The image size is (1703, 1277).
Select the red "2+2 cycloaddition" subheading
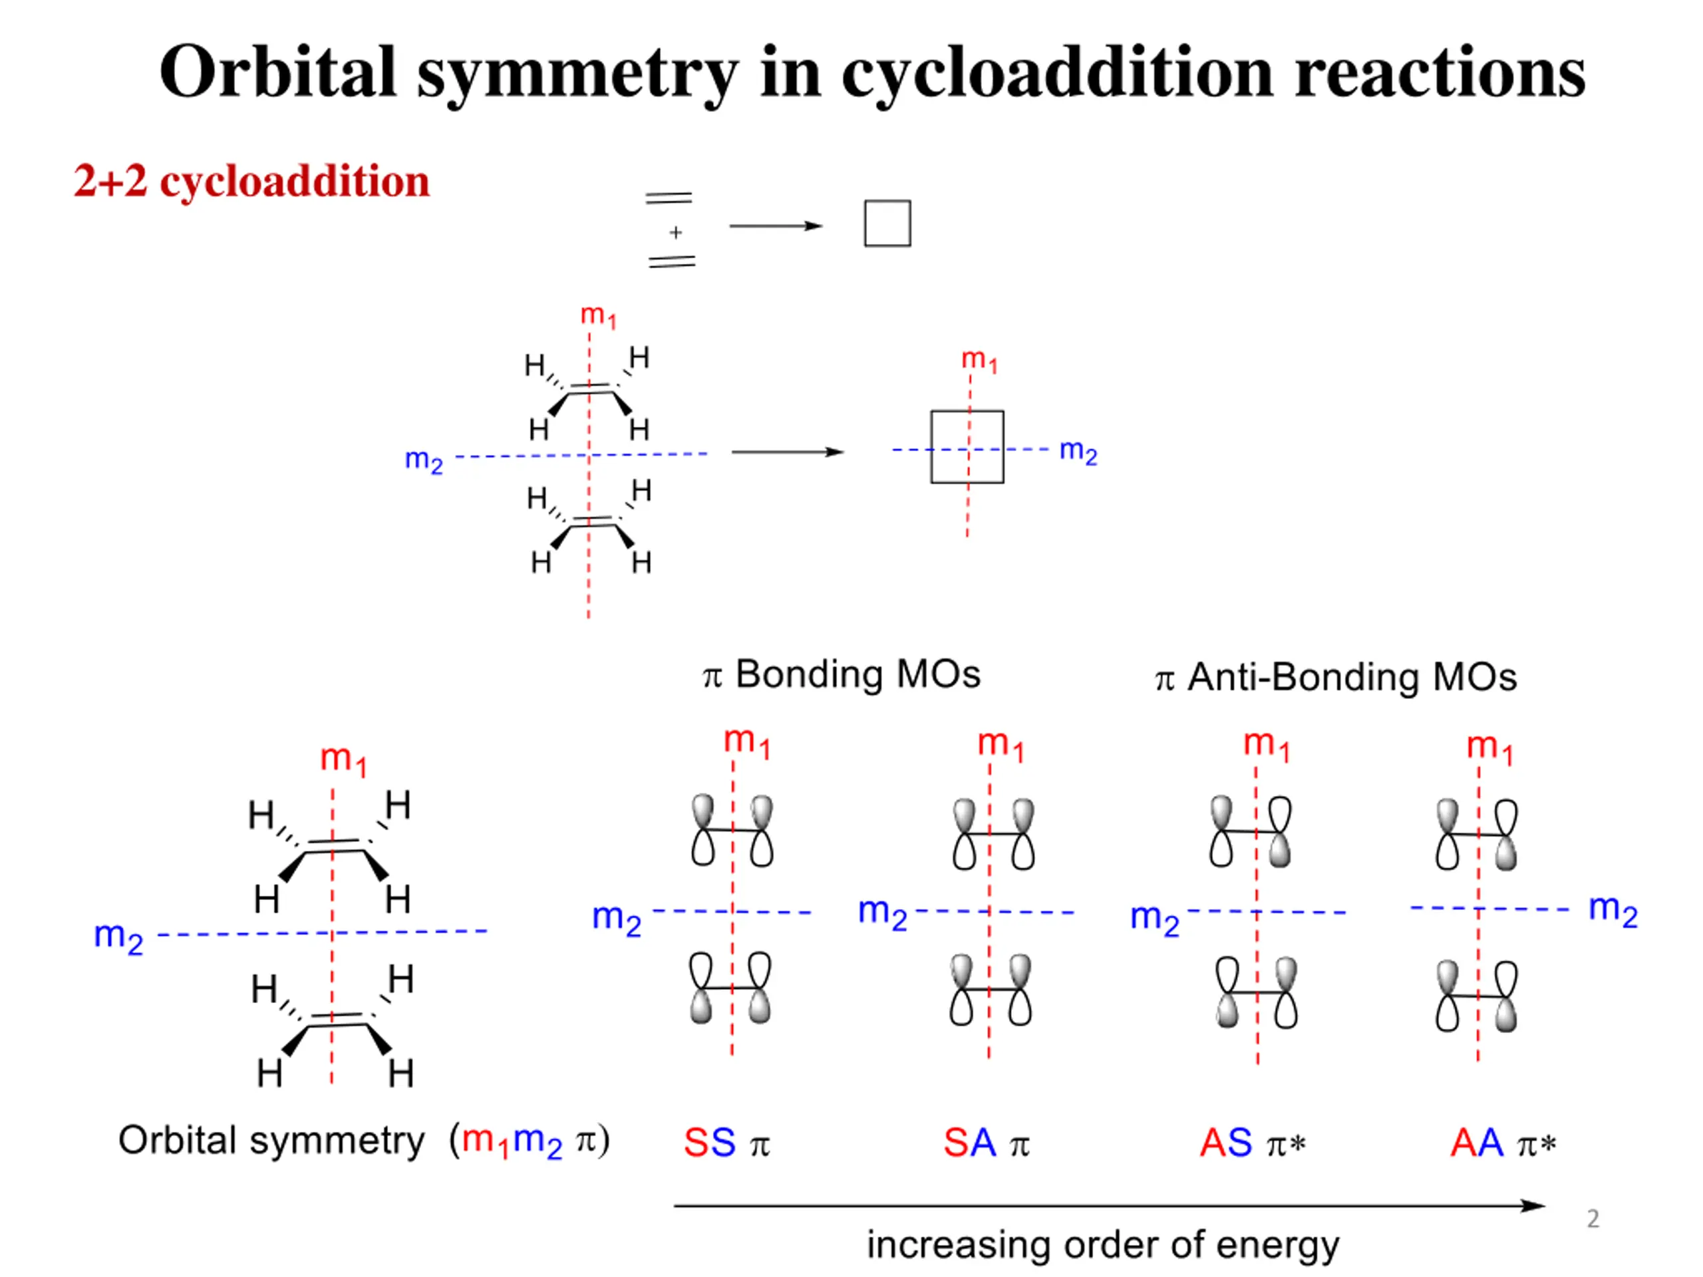[x=251, y=182]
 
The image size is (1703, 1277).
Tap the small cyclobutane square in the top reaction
[x=887, y=223]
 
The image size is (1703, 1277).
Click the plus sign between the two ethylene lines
[x=675, y=231]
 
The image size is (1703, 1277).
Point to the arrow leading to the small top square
[x=776, y=225]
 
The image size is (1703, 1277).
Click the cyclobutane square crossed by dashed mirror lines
[x=931, y=446]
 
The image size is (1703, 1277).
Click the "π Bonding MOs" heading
[x=842, y=674]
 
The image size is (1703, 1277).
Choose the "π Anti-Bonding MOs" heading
[x=1336, y=677]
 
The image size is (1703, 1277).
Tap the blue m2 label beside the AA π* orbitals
[x=1613, y=910]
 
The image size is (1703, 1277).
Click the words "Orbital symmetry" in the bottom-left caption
[x=271, y=1140]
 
